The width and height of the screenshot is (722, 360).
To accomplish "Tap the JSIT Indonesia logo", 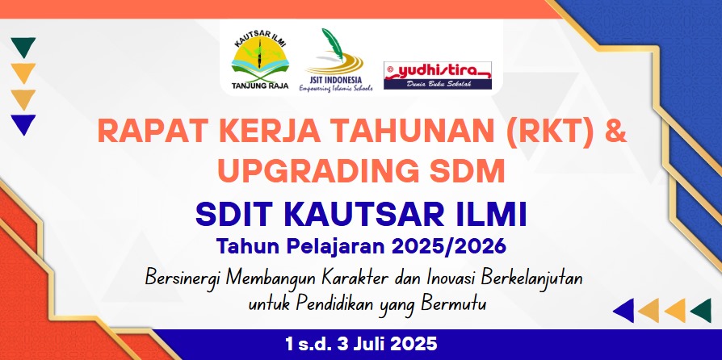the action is point(336,60).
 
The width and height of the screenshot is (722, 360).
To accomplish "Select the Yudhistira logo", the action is point(438,75).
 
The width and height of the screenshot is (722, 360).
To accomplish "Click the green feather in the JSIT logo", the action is point(333,44).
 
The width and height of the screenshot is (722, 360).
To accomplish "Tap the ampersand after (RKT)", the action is point(615,132).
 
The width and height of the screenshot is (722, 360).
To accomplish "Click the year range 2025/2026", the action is point(448,246).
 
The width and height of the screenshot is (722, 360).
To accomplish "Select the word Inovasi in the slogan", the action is point(455,278).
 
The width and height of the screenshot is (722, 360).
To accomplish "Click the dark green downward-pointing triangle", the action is point(23,47).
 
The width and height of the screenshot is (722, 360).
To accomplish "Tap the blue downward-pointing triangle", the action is point(23,124).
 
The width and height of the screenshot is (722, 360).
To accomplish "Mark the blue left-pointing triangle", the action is point(624,310).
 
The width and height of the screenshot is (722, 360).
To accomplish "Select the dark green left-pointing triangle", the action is point(702,310).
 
